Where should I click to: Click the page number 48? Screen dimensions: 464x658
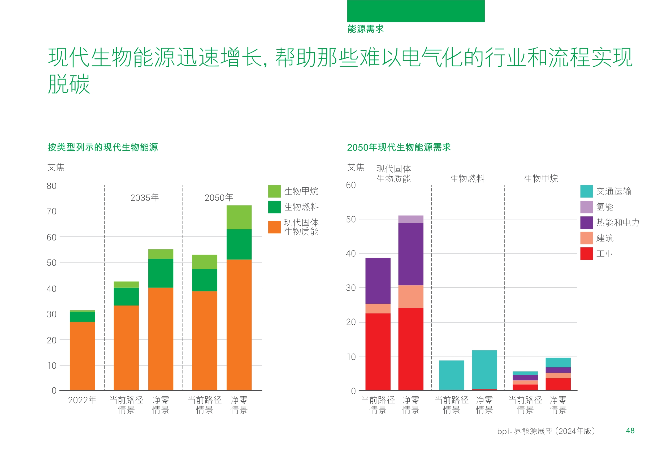point(630,431)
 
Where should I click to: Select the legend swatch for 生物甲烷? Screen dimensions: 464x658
point(274,191)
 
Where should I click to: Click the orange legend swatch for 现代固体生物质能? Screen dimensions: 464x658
point(274,227)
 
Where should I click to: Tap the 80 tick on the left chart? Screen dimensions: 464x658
point(51,186)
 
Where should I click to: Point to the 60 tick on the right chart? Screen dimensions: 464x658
point(351,185)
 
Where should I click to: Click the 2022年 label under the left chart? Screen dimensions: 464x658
point(82,400)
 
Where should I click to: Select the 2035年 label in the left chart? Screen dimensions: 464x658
point(144,198)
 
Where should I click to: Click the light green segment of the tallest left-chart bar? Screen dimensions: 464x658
point(239,217)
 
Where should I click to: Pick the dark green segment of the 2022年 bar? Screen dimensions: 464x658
point(82,317)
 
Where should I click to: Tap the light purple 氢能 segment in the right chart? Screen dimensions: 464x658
point(411,219)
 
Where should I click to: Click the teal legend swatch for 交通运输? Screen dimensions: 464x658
point(586,191)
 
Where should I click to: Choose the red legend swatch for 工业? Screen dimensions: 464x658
point(586,254)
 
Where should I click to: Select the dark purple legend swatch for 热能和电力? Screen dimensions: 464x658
point(586,222)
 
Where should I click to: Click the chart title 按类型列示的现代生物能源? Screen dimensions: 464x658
point(103,147)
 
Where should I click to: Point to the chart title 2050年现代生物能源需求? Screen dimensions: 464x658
point(399,147)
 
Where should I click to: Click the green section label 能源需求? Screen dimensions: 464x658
point(365,29)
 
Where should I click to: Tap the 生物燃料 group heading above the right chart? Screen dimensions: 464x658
point(467,179)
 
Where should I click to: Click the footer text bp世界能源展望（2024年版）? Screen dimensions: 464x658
point(546,431)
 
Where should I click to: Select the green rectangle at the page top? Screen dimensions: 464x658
point(416,11)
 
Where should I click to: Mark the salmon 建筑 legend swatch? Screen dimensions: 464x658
point(586,238)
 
